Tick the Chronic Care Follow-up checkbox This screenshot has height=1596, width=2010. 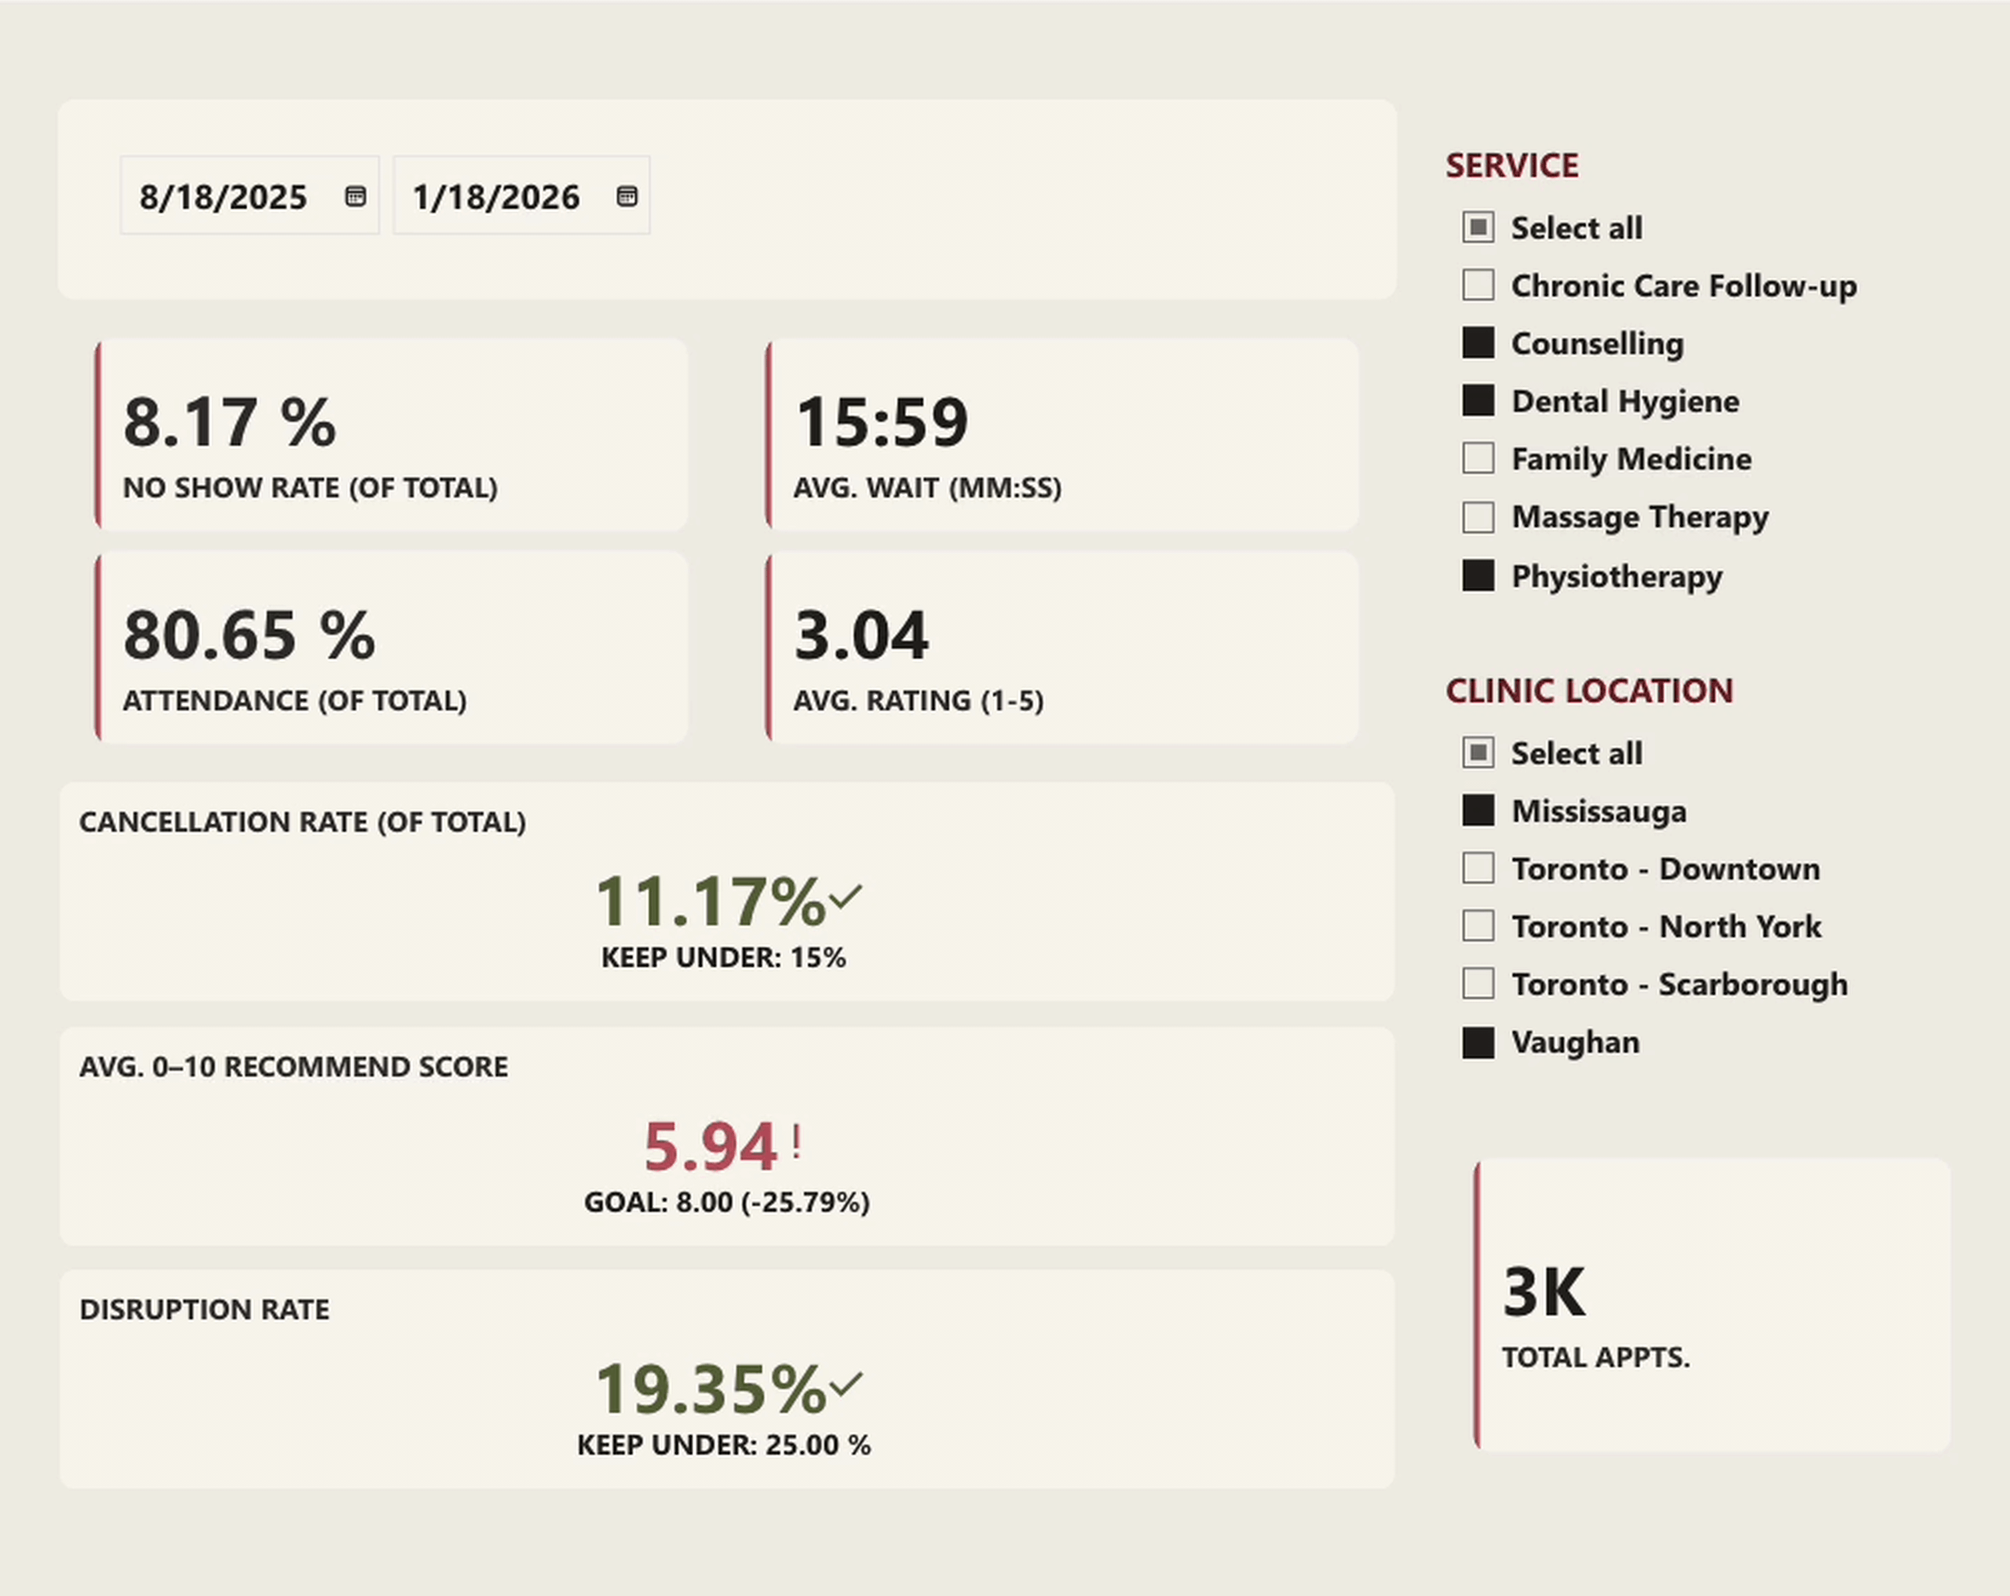1478,285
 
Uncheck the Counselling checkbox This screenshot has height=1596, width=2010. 1478,343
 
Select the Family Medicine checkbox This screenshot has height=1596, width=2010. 1478,458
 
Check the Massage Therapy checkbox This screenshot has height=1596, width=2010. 1478,517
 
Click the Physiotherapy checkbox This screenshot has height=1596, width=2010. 1478,576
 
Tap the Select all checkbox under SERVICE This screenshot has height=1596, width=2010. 1478,228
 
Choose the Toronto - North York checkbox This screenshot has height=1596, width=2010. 1478,926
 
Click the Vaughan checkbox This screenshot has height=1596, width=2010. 1478,1043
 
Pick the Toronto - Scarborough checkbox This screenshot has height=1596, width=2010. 1478,984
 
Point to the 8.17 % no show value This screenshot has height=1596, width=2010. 229,422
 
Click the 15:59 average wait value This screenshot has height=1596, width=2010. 881,422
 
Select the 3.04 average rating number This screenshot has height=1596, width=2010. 861,636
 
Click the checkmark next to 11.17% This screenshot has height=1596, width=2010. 846,897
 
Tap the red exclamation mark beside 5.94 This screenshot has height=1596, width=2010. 797,1142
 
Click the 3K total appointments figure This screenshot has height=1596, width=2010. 1543,1293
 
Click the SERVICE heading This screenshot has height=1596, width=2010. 1511,166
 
